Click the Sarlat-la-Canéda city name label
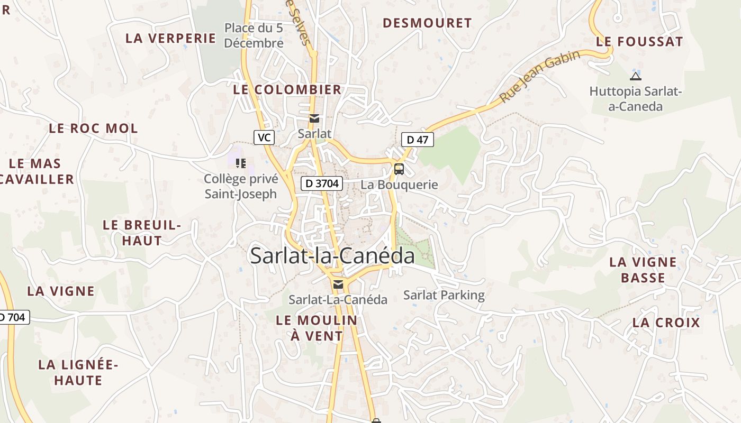pyautogui.click(x=332, y=256)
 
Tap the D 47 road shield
pyautogui.click(x=417, y=140)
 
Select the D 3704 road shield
pyautogui.click(x=322, y=184)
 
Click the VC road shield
pyautogui.click(x=264, y=137)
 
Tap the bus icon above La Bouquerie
pyautogui.click(x=399, y=169)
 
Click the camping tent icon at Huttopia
pyautogui.click(x=636, y=76)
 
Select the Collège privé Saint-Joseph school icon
pyautogui.click(x=241, y=163)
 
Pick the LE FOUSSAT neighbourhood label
pyautogui.click(x=639, y=41)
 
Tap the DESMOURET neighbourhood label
pyautogui.click(x=427, y=23)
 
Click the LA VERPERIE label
pyautogui.click(x=170, y=38)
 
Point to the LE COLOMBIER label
pyautogui.click(x=287, y=89)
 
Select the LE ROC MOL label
pyautogui.click(x=93, y=128)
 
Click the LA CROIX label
pyautogui.click(x=666, y=323)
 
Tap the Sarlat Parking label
pyautogui.click(x=444, y=295)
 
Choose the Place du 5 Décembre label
pyautogui.click(x=254, y=35)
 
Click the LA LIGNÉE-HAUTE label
pyautogui.click(x=78, y=372)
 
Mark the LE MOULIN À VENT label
pyautogui.click(x=317, y=328)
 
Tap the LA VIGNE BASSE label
pyautogui.click(x=643, y=270)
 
